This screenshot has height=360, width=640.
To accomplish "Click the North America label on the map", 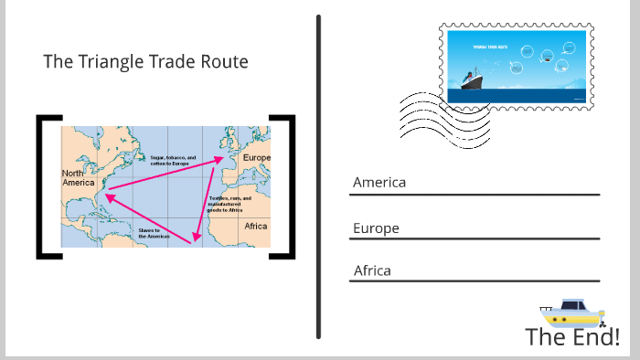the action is (x=78, y=177).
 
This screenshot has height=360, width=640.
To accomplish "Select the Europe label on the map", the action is (x=255, y=158).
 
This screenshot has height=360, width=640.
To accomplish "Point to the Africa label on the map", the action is (x=256, y=226).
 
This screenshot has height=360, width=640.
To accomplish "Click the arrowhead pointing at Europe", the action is (x=223, y=159).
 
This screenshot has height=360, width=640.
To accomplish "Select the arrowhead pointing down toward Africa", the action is (x=193, y=239).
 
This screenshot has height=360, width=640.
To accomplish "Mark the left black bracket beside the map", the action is (x=42, y=186).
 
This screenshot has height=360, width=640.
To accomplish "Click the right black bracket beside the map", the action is (x=290, y=186).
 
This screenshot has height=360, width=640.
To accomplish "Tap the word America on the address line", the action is (x=379, y=182).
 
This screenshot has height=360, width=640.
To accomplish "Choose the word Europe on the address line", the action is (x=376, y=228).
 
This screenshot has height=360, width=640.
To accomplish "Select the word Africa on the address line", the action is (x=372, y=270).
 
